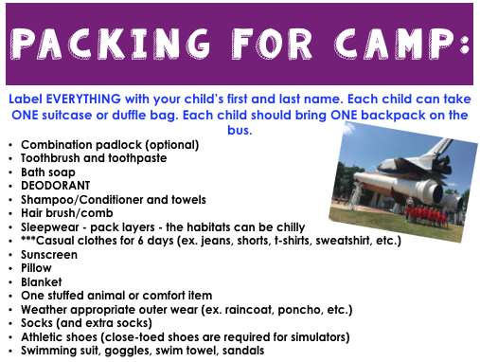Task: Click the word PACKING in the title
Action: click(x=110, y=44)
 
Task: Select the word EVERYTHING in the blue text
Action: click(x=83, y=100)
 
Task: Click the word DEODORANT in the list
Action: click(x=55, y=186)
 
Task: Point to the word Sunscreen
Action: click(x=49, y=255)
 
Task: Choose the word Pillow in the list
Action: click(x=36, y=268)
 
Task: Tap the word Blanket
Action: click(x=41, y=282)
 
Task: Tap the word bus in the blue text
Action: click(x=240, y=130)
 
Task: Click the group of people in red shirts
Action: click(x=427, y=216)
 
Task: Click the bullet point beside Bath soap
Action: click(x=10, y=172)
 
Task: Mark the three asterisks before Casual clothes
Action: click(x=28, y=239)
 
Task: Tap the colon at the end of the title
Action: click(x=465, y=44)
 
